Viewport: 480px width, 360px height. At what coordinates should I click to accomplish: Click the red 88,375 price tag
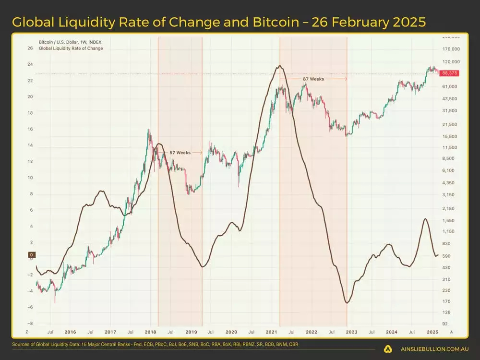pos(449,72)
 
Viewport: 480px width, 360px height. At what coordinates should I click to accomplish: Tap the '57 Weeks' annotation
pos(180,153)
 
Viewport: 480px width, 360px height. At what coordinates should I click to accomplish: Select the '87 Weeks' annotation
pos(313,79)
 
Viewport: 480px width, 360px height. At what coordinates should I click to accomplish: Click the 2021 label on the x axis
pos(271,332)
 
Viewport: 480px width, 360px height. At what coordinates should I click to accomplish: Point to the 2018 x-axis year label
pos(151,332)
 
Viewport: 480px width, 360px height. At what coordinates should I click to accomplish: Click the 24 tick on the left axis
pos(30,64)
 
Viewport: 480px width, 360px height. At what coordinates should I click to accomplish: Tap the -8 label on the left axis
pos(30,324)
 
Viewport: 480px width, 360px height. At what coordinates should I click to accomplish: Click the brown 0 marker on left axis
pos(31,255)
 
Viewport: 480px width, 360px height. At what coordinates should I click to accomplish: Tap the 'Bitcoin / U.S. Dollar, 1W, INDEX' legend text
pos(70,42)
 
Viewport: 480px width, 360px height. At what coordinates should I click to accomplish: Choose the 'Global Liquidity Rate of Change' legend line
pos(71,48)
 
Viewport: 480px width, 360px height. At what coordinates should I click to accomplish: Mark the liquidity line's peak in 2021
pos(279,66)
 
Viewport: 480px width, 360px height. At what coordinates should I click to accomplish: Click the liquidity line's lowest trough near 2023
pos(347,302)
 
